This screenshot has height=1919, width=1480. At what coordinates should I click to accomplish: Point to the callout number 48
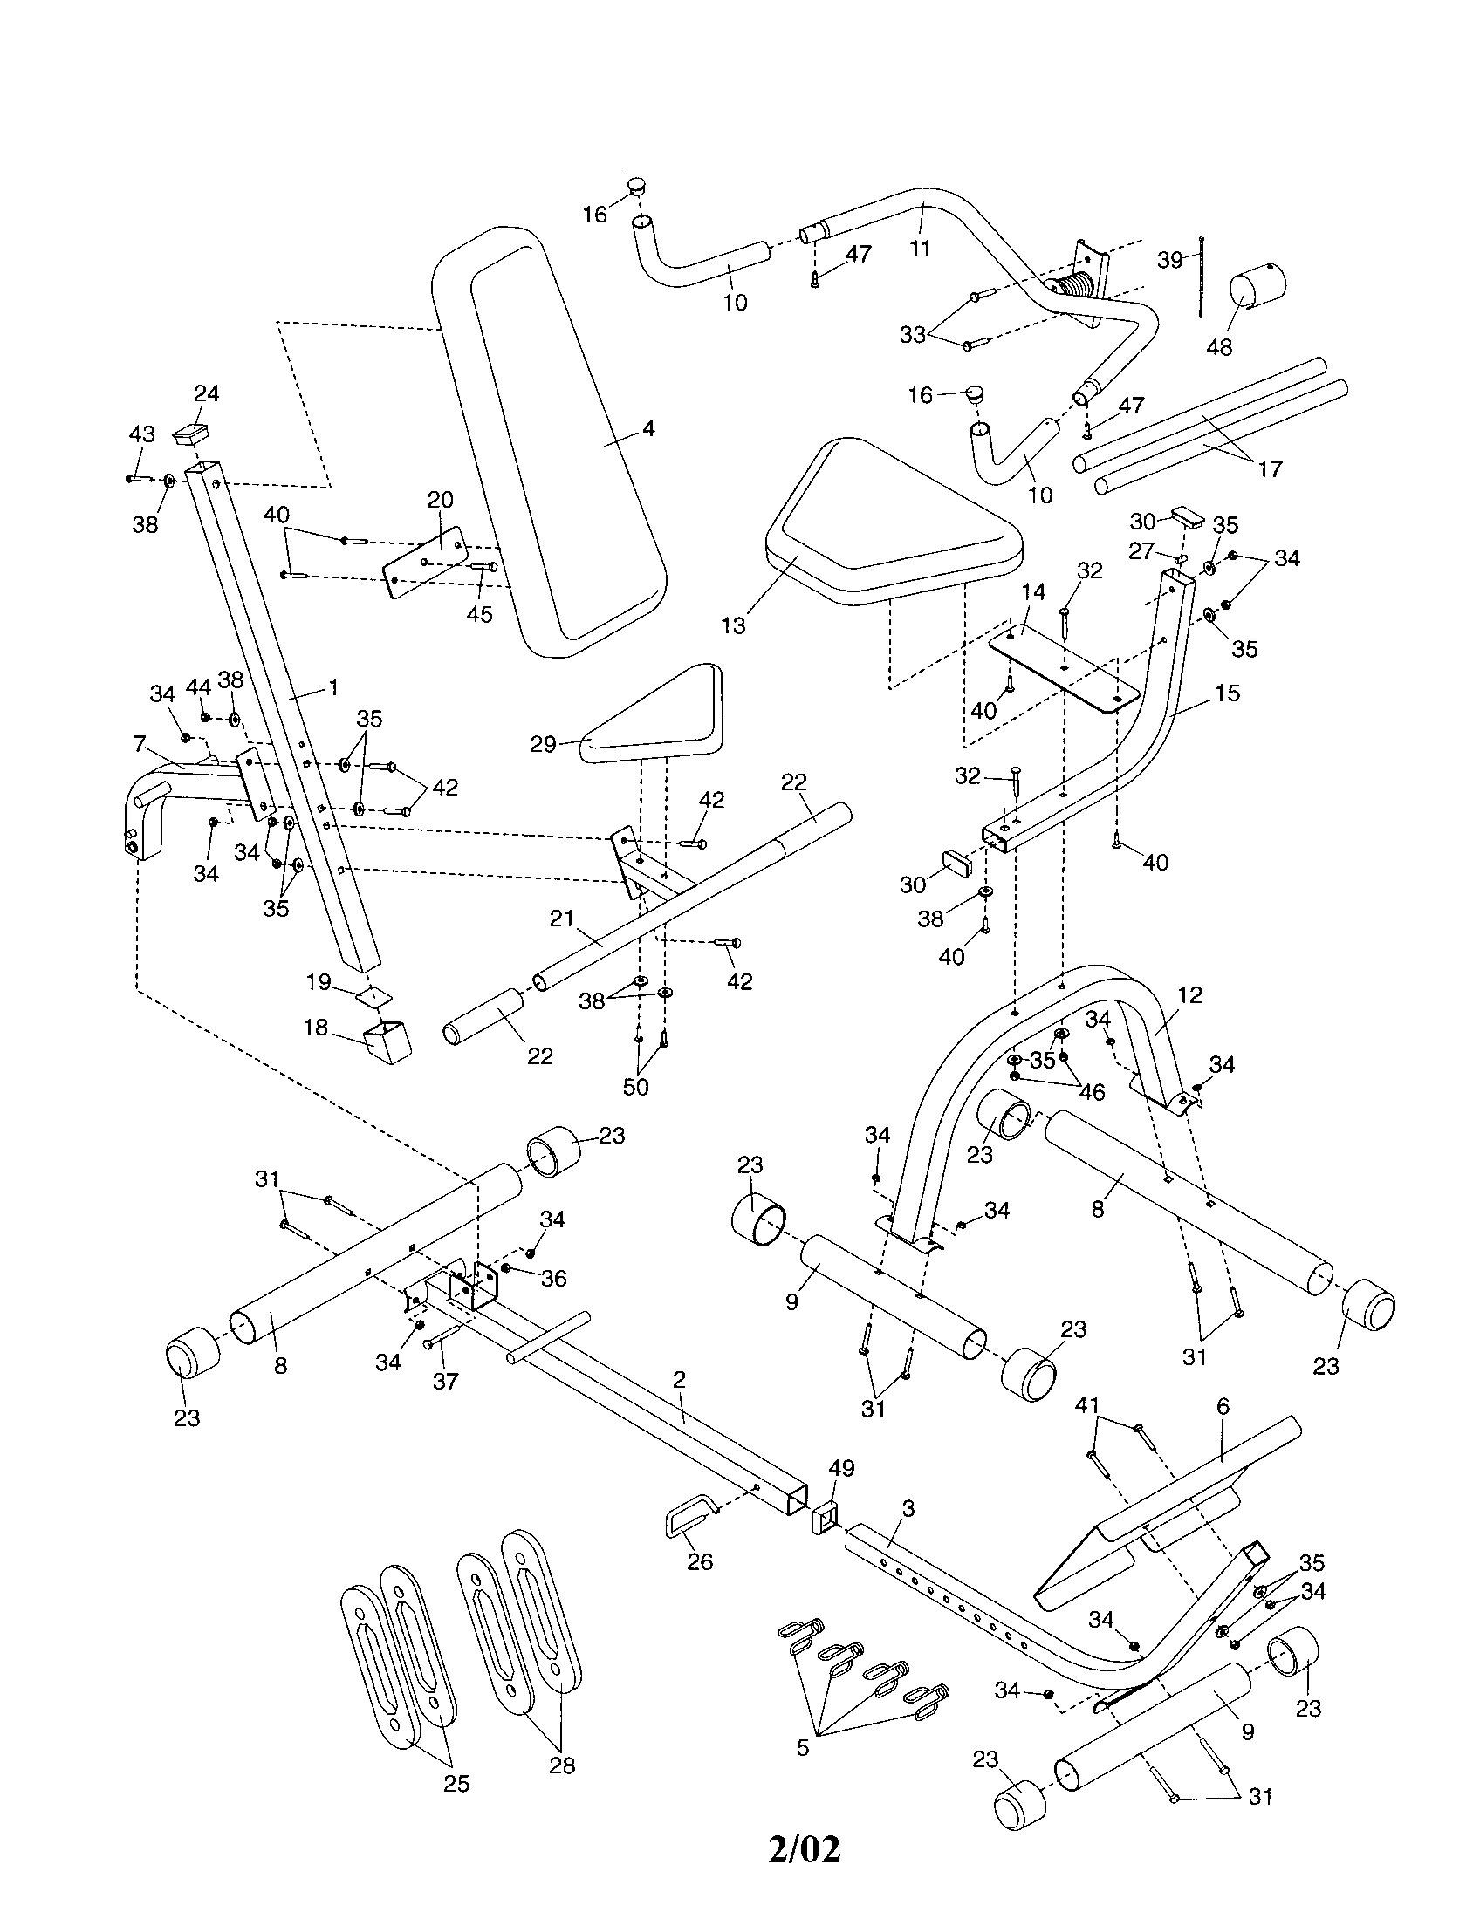pos(1219,346)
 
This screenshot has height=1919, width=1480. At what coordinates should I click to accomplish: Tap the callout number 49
pos(841,1468)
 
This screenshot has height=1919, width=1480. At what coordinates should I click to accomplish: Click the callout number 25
pos(456,1783)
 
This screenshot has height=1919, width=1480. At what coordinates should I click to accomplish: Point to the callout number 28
pos(562,1765)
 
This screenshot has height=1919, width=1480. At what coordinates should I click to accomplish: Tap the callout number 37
pos(446,1382)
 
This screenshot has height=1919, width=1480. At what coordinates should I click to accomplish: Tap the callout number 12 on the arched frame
pos(1190,994)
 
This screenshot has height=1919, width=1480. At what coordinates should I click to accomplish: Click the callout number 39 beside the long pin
pos(1168,261)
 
